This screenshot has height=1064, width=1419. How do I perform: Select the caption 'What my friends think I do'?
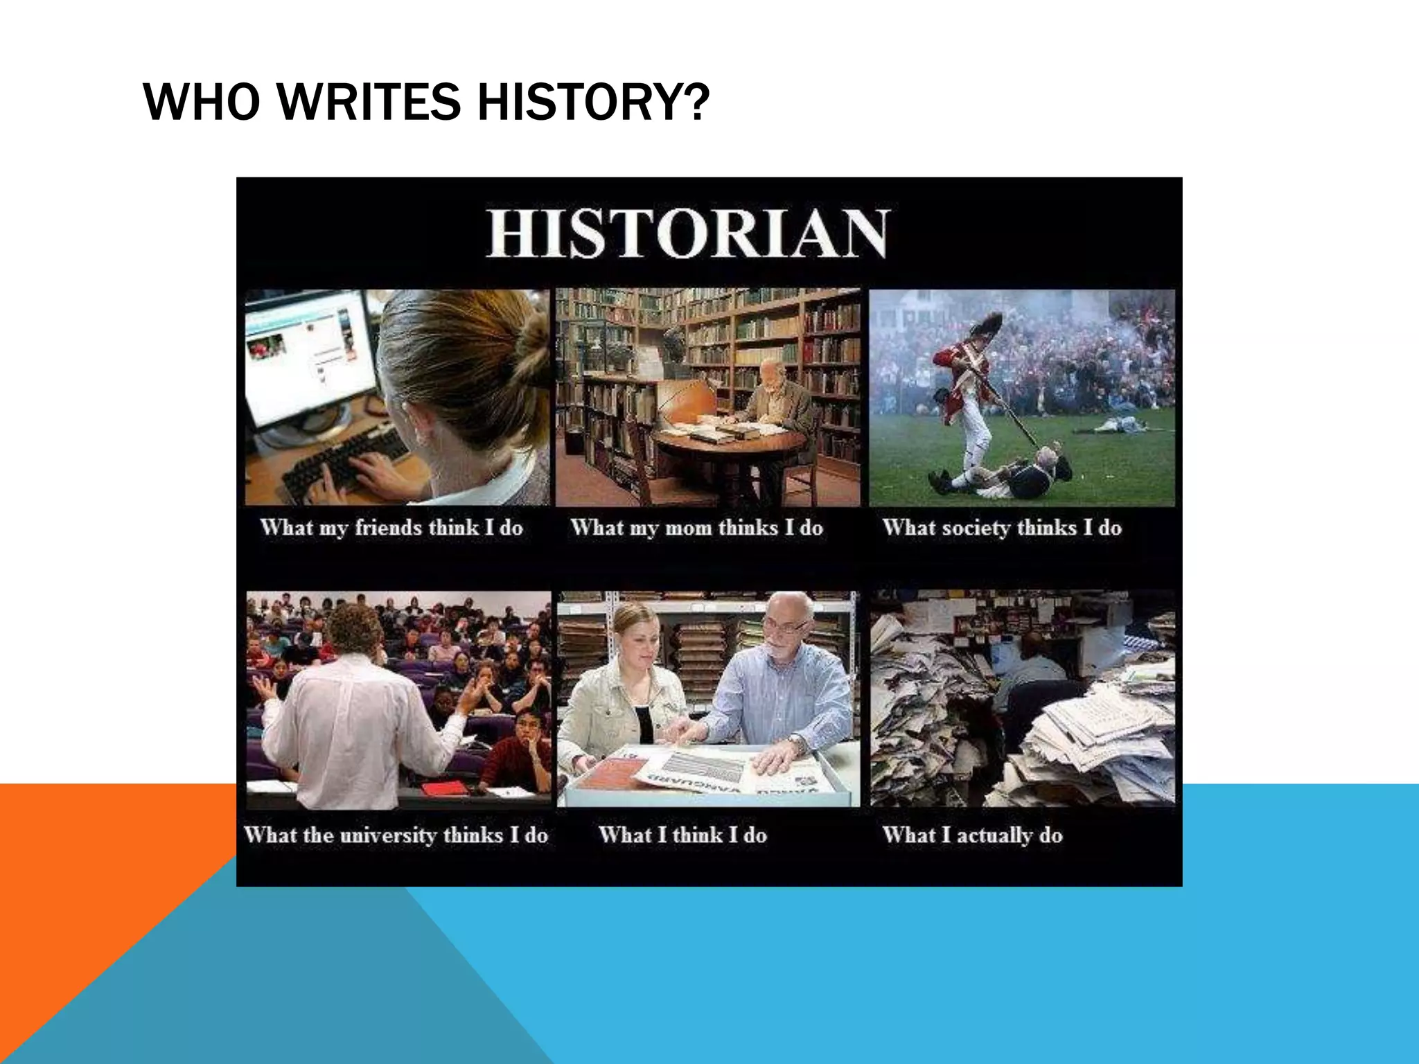pos(391,528)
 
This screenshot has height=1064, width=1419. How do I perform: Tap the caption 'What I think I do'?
pos(682,835)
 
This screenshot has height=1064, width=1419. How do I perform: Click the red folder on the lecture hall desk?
pos(443,788)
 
